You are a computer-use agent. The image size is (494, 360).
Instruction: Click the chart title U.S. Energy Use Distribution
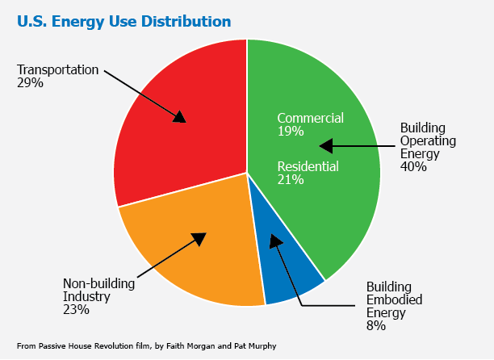coord(123,22)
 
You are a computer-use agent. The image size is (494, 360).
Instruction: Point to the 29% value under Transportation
coord(30,83)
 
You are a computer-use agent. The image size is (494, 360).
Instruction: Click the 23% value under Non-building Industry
coord(76,310)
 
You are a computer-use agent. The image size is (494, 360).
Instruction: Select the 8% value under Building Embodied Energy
coord(376,325)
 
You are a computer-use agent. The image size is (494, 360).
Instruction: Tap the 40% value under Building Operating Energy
coord(413,166)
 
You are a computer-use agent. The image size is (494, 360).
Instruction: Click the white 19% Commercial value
coord(291,131)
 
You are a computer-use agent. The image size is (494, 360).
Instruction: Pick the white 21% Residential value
coord(291,179)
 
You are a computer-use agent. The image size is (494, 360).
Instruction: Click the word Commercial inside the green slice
coord(310,118)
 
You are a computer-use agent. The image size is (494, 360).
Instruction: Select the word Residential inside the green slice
coord(308,166)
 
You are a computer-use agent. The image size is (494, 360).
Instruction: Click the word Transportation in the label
coord(57,69)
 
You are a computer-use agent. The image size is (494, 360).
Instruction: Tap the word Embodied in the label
coord(394,299)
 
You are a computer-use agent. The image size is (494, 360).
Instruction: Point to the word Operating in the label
coord(428,141)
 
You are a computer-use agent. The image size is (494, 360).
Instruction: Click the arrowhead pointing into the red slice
coord(180,117)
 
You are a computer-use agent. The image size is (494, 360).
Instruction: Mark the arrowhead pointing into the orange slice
coord(199,238)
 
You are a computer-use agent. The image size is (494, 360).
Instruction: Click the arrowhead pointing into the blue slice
coord(275,241)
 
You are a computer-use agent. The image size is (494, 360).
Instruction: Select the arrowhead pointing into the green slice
coord(326,146)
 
